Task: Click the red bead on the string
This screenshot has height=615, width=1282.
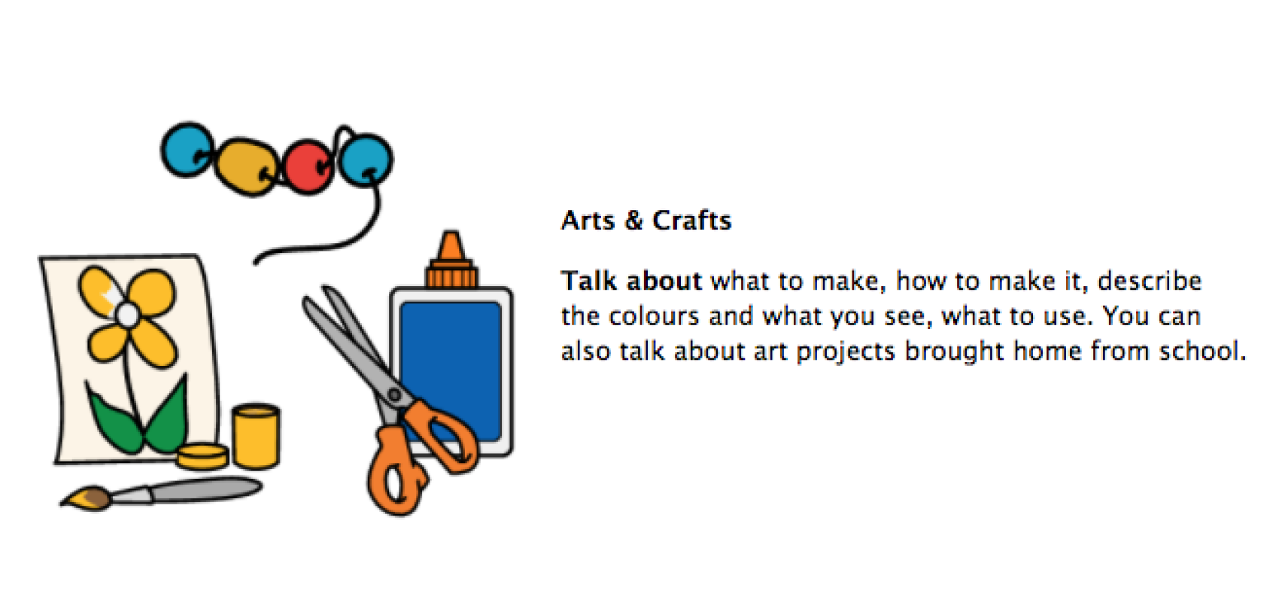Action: tap(308, 166)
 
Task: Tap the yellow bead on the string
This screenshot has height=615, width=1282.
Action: tap(248, 166)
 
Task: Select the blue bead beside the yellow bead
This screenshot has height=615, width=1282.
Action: tap(187, 150)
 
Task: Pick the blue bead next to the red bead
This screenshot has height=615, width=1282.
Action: tap(366, 159)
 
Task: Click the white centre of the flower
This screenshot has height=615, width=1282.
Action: tap(127, 315)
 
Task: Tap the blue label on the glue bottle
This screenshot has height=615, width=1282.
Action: tap(451, 371)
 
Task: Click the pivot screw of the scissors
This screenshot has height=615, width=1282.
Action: tap(394, 394)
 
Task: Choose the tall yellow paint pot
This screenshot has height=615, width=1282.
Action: tap(256, 436)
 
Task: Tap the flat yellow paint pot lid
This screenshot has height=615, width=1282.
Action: tap(202, 456)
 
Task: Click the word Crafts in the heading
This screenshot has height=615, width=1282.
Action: tap(692, 221)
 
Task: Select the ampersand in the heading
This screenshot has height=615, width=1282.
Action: tap(633, 221)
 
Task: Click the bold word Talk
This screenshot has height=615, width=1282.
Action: tap(589, 281)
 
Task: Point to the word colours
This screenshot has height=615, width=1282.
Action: tap(654, 316)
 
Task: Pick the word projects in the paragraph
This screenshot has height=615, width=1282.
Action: tap(846, 352)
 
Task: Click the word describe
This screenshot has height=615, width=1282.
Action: tap(1150, 281)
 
